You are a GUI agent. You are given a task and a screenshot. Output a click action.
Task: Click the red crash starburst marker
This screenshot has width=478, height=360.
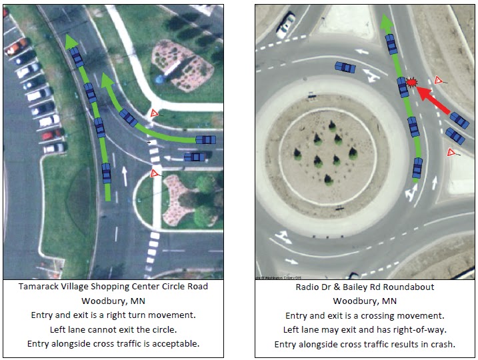411,83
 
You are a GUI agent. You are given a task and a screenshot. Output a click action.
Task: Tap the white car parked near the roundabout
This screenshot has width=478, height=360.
285,25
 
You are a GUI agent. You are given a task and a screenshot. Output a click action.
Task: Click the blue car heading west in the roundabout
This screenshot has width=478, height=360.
345,67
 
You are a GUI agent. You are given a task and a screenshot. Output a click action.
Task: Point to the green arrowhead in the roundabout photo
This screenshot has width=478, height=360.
385,25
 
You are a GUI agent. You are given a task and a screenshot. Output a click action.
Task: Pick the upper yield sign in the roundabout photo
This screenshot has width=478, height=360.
438,80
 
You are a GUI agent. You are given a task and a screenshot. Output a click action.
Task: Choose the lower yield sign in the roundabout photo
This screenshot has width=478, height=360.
452,153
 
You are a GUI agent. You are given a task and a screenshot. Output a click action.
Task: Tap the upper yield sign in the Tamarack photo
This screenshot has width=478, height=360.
154,114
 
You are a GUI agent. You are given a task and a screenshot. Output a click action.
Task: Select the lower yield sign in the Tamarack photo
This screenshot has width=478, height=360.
155,173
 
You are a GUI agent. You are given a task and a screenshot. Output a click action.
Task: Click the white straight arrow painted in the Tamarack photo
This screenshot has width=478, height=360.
125,175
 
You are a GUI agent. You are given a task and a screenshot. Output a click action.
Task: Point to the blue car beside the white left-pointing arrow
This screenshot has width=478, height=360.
195,157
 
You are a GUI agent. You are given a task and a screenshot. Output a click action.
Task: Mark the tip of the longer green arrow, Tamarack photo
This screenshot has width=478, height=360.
70,41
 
